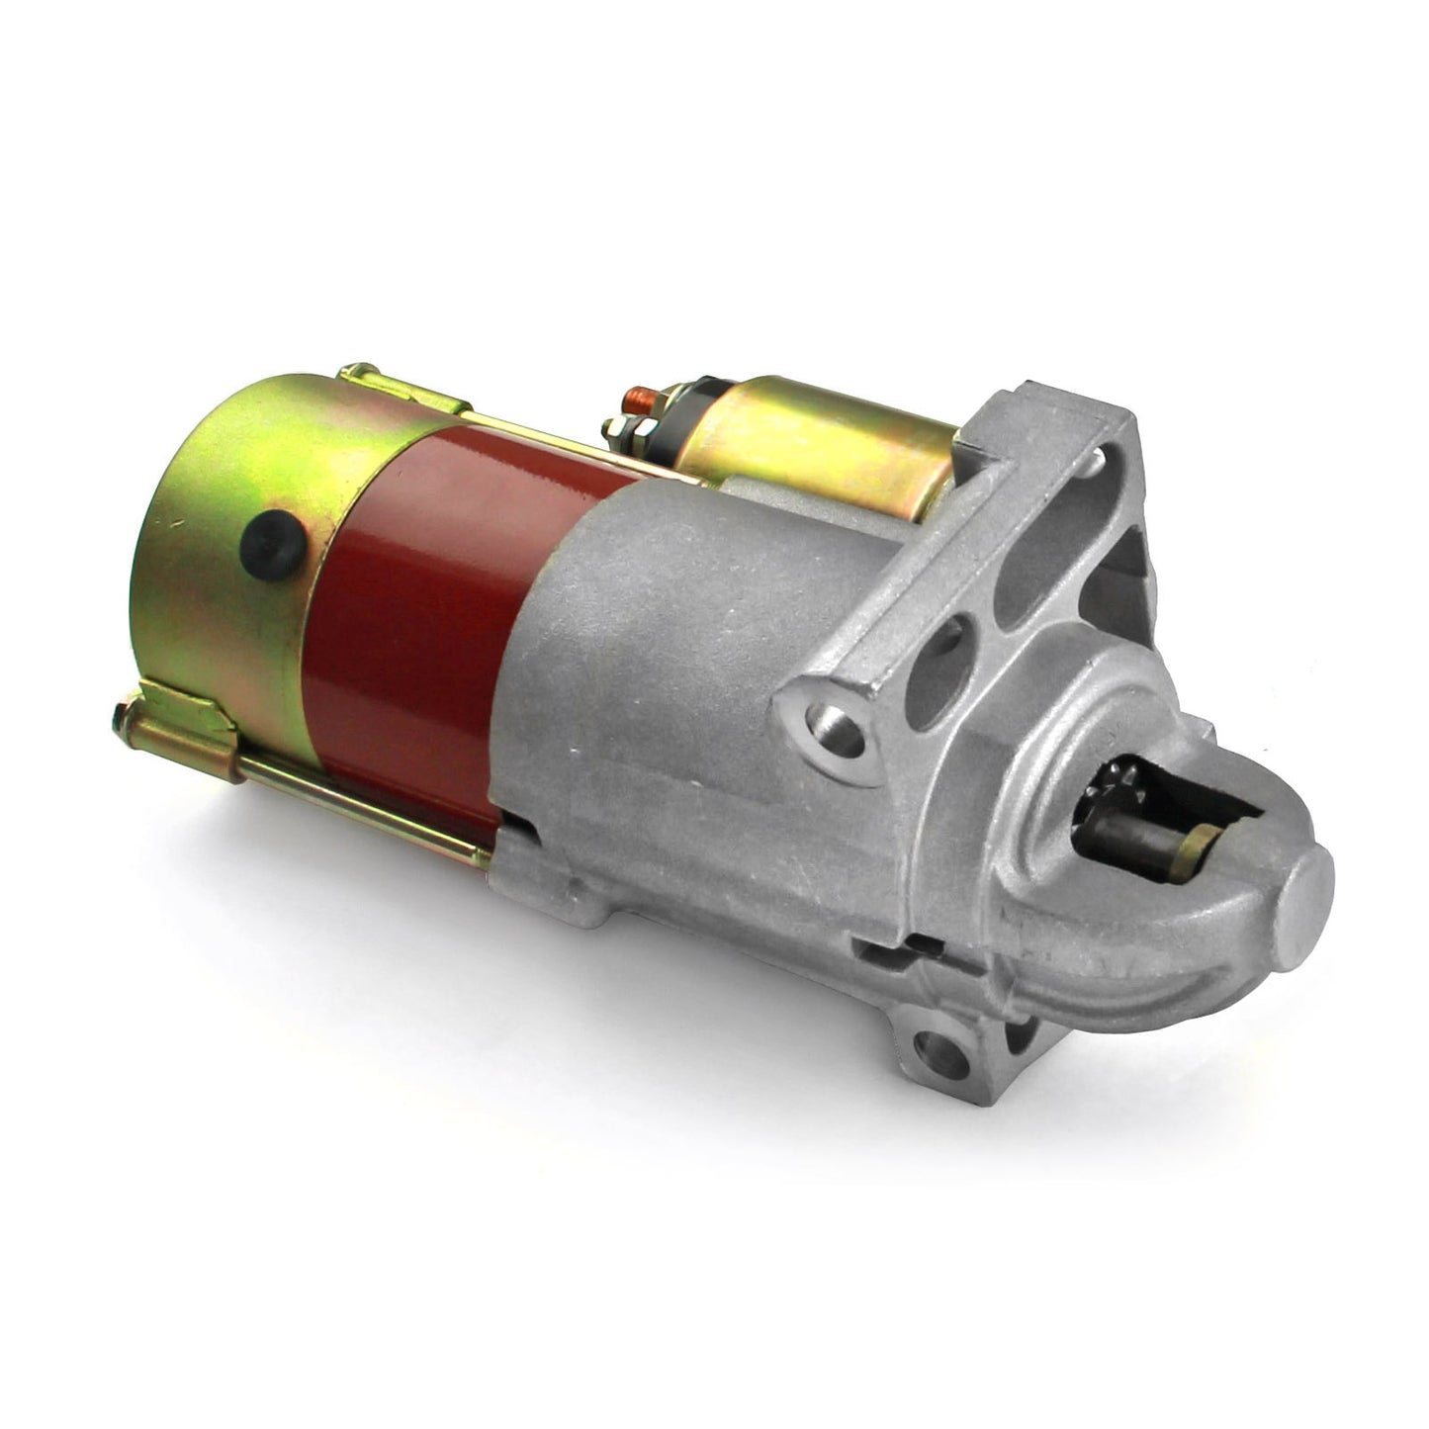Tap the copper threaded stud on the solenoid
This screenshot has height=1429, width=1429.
[633, 400]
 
